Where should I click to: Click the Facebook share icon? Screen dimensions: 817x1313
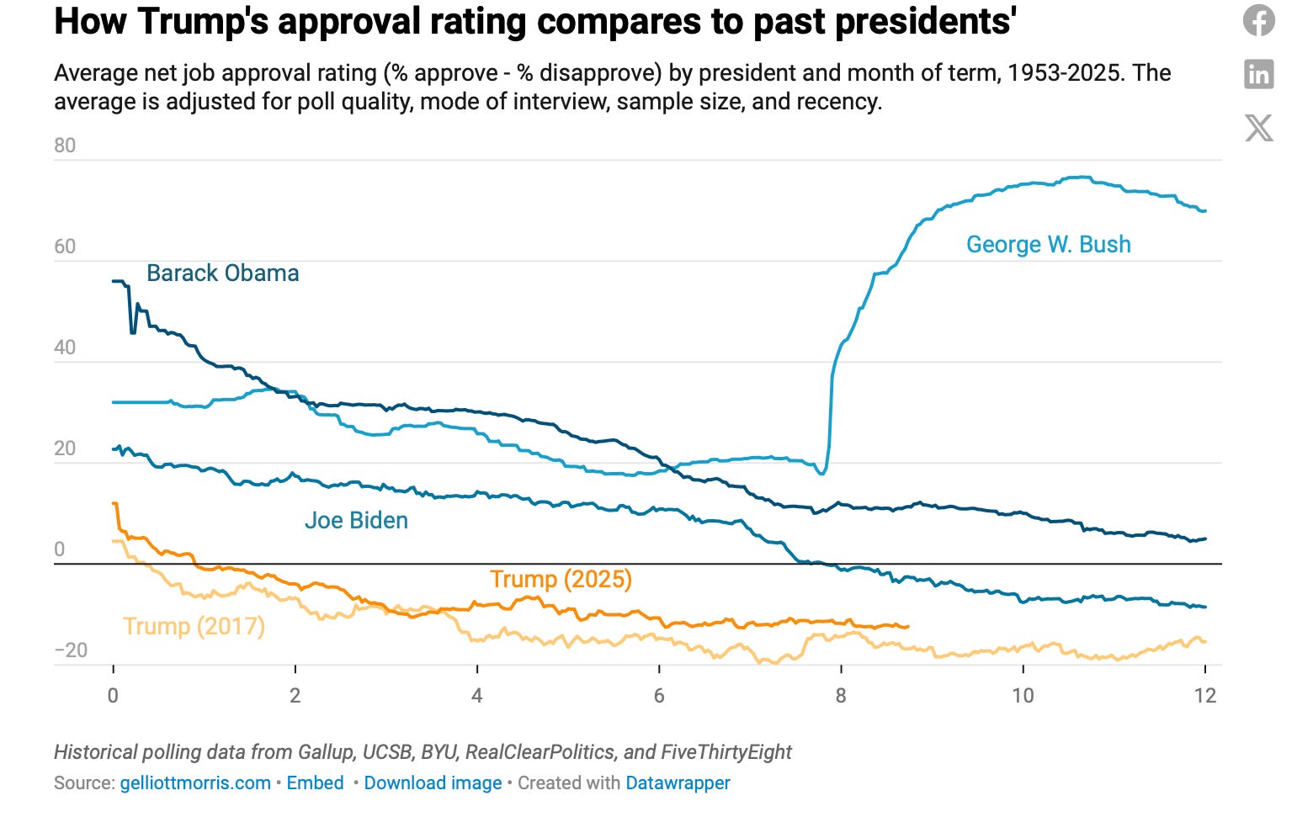(x=1258, y=20)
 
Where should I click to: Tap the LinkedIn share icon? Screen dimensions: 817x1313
(x=1258, y=74)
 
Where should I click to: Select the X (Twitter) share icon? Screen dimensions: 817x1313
(x=1258, y=128)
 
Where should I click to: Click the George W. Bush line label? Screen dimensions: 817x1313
(x=1048, y=244)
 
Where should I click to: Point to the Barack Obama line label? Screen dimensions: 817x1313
(x=222, y=273)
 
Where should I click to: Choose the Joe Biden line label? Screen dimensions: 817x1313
(x=356, y=520)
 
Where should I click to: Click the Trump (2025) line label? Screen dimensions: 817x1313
(x=561, y=579)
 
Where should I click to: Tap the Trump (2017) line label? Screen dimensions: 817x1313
(x=194, y=626)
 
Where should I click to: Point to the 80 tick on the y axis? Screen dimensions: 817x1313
(x=65, y=146)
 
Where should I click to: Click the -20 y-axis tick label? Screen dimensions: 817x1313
(x=71, y=650)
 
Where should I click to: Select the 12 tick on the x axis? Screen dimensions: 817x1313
(x=1205, y=695)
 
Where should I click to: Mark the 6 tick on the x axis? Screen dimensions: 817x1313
(x=659, y=695)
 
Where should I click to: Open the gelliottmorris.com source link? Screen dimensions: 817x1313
(x=195, y=783)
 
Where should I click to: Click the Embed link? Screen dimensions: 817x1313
(x=315, y=783)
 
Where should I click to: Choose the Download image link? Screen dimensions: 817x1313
(x=433, y=783)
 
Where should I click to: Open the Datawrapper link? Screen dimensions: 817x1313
(x=678, y=783)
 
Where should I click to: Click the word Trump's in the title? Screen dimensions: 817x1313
(x=202, y=22)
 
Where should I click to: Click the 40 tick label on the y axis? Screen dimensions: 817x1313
(x=65, y=347)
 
